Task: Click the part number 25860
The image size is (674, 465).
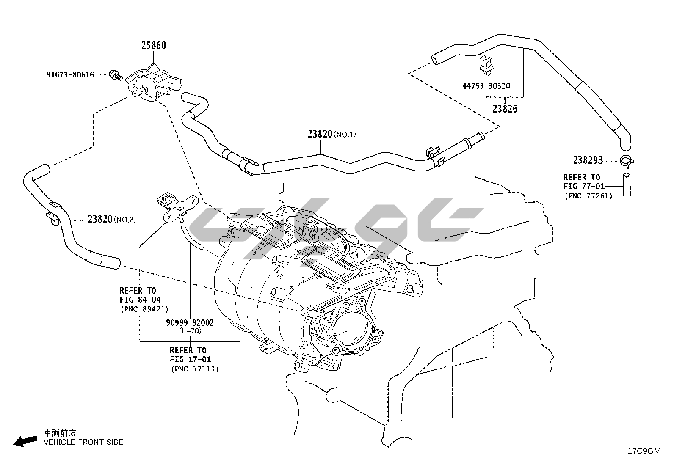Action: click(x=153, y=46)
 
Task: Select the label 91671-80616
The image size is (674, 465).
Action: click(x=70, y=75)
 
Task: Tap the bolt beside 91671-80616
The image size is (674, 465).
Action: click(x=115, y=75)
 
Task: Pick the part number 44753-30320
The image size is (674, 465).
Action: click(x=486, y=86)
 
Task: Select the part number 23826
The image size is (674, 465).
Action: click(x=505, y=109)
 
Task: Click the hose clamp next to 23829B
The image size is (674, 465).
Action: click(x=627, y=160)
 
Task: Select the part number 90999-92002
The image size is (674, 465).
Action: click(x=190, y=323)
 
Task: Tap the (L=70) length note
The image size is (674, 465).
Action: click(x=190, y=331)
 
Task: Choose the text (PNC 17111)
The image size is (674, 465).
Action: click(x=195, y=369)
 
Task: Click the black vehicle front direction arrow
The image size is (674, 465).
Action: click(x=25, y=441)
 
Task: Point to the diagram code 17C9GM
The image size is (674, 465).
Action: click(x=644, y=451)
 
